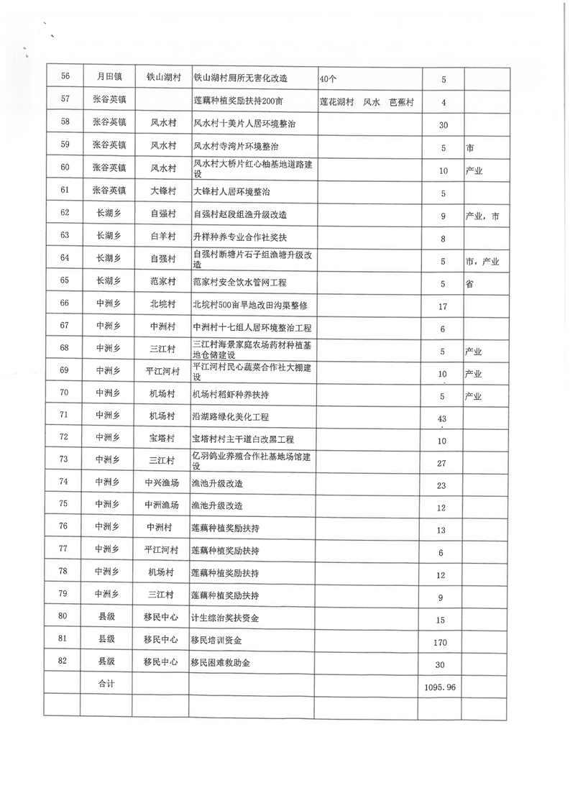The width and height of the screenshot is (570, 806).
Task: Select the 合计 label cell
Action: (106, 684)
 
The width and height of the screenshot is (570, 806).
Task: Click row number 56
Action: (64, 78)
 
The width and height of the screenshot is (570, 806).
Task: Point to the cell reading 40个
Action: (330, 78)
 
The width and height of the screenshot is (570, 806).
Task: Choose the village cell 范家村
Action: (162, 283)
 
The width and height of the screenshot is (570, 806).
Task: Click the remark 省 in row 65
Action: (469, 283)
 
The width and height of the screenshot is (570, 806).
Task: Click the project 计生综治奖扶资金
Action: (225, 619)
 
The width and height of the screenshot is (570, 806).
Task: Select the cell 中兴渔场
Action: (162, 483)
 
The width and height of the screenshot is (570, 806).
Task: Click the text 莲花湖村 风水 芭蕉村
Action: (367, 102)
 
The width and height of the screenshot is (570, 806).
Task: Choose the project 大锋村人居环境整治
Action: (234, 192)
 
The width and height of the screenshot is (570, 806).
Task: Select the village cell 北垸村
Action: (162, 305)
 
